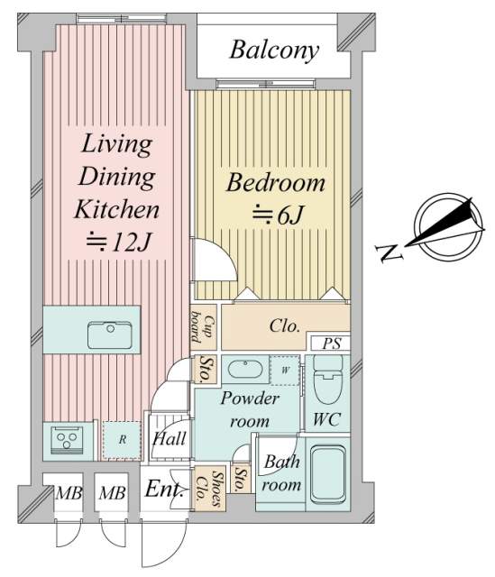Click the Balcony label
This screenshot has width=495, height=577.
[x=274, y=50]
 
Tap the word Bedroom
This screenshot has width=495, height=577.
[x=276, y=182]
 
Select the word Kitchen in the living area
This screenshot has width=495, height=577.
[x=116, y=209]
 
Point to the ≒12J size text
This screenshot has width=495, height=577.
[x=118, y=242]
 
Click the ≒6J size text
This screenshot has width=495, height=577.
[x=278, y=215]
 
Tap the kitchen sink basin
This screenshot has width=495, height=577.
[x=110, y=335]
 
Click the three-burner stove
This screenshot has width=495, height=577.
[x=67, y=440]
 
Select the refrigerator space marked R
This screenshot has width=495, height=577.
[x=122, y=440]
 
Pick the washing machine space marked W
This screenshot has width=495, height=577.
[x=285, y=371]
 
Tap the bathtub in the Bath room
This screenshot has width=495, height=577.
[x=327, y=475]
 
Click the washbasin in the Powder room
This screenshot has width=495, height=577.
[x=245, y=369]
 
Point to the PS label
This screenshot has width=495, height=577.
[x=331, y=343]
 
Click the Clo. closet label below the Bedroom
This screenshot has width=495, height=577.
[x=285, y=325]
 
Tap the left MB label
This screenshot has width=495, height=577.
[x=69, y=493]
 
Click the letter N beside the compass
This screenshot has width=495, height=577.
[x=390, y=252]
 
